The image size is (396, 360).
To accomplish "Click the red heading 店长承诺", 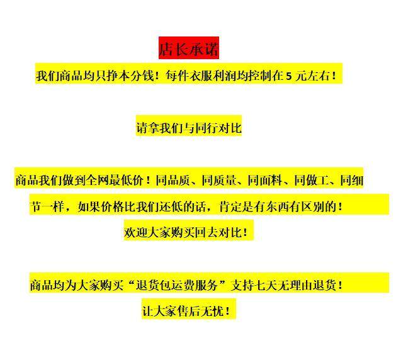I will pos(188,48).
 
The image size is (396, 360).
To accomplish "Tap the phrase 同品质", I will pos(174,181).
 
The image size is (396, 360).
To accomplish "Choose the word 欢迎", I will pos(135,232).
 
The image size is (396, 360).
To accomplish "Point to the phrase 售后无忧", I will pos(200,311).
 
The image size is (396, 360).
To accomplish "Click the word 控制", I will pos(261,76).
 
